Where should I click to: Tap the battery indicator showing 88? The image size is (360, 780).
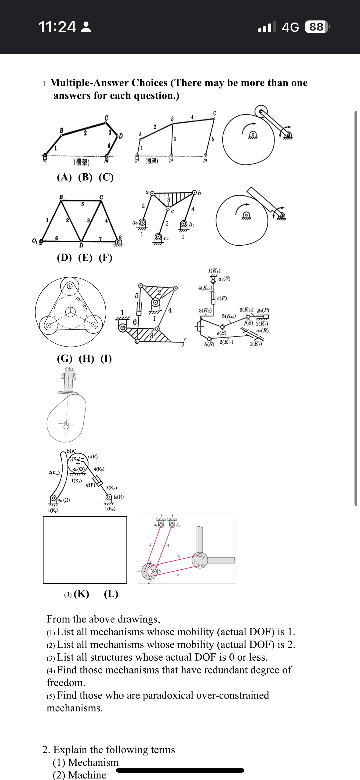click(316, 27)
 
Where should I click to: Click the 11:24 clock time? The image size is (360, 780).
click(57, 27)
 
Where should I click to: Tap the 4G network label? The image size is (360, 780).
click(290, 27)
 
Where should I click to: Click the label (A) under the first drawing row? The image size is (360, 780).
click(64, 177)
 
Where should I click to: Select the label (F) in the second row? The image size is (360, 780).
click(105, 258)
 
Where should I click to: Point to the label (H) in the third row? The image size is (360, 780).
click(86, 358)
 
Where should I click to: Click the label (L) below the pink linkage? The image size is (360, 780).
click(111, 594)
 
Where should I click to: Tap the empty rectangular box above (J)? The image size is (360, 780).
click(85, 550)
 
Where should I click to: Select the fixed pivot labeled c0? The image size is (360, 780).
click(158, 237)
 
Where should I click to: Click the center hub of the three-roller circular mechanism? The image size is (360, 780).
click(71, 312)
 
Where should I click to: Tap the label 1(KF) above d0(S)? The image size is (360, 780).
click(214, 271)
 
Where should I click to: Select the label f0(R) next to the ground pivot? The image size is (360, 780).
click(118, 497)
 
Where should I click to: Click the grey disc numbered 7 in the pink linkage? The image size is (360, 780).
click(199, 560)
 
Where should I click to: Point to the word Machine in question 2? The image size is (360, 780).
click(87, 775)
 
